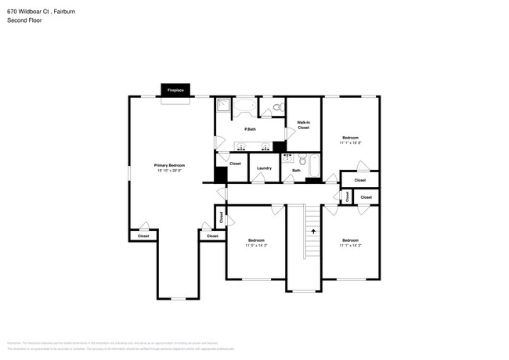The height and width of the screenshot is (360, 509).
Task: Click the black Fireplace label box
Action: [175, 90]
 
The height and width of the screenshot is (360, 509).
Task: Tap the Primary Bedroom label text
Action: [169, 165]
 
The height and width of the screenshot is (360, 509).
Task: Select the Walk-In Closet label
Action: [303, 124]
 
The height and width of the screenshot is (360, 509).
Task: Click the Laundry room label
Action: [264, 168]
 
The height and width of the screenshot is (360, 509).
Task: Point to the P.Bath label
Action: [251, 129]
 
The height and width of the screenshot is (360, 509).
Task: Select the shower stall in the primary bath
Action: [223, 106]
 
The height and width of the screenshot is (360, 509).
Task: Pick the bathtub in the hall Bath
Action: [314, 167]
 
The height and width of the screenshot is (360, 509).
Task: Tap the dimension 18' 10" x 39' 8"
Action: [169, 171]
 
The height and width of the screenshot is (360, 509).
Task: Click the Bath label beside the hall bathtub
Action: [296, 171]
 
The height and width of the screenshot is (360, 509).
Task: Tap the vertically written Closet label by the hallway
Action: [222, 217]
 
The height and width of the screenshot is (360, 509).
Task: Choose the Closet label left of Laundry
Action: [235, 164]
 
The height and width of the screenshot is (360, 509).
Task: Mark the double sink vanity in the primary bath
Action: [252, 146]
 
